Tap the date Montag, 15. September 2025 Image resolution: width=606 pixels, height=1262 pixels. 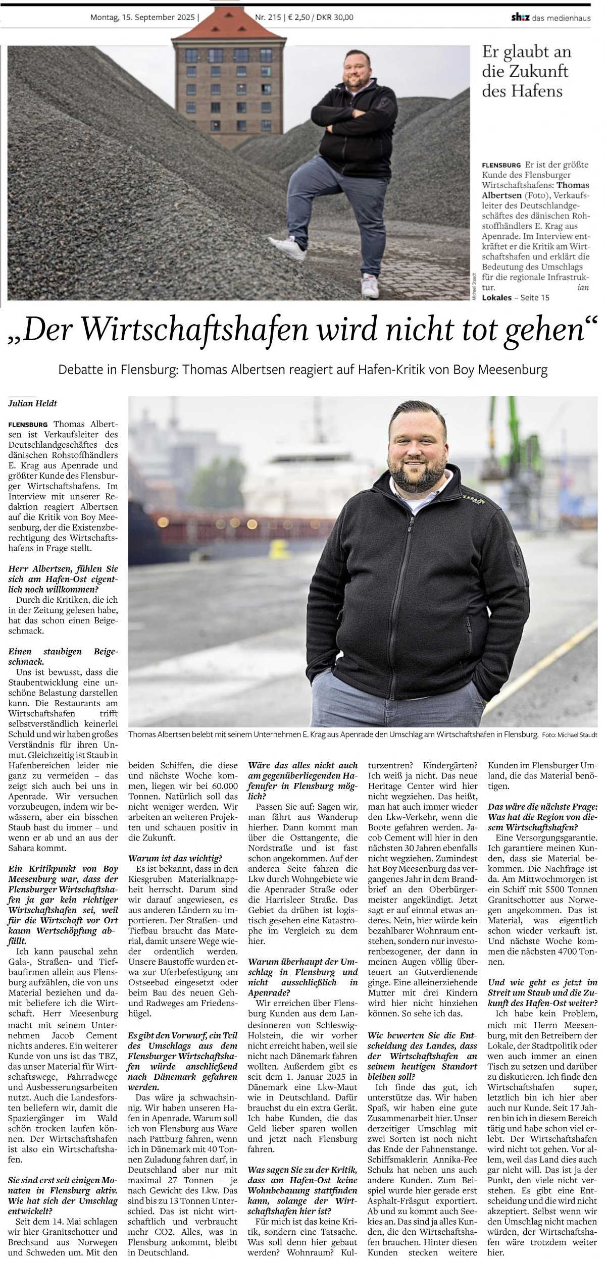tap(142, 17)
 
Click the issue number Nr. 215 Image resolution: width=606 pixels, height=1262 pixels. tap(267, 17)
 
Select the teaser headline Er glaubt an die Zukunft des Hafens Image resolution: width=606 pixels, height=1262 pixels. tap(526, 71)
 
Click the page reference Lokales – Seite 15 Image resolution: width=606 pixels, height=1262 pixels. tap(516, 297)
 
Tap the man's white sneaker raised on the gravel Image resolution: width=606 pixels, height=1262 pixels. tap(287, 247)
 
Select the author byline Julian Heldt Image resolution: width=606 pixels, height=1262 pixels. tap(33, 403)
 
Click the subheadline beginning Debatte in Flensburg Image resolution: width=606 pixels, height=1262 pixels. tap(303, 370)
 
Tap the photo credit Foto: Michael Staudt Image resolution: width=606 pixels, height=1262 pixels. tap(570, 735)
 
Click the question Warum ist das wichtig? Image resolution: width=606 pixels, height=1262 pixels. tap(175, 858)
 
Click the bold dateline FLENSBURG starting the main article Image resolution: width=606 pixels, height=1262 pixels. tap(28, 425)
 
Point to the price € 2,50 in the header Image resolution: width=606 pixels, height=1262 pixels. tap(299, 17)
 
